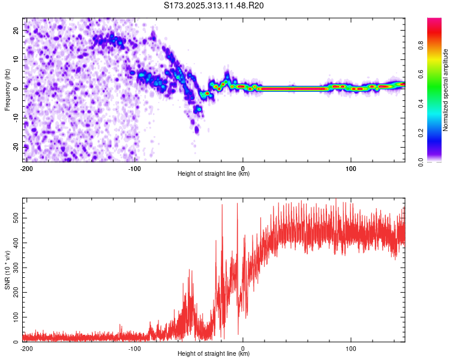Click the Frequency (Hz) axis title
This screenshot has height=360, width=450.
7,89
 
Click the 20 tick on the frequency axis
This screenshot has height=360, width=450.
16,31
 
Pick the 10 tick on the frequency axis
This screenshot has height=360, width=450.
16,59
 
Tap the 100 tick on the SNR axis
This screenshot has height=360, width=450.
14,317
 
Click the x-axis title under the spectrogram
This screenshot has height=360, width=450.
214,174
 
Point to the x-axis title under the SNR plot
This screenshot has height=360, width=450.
214,354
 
